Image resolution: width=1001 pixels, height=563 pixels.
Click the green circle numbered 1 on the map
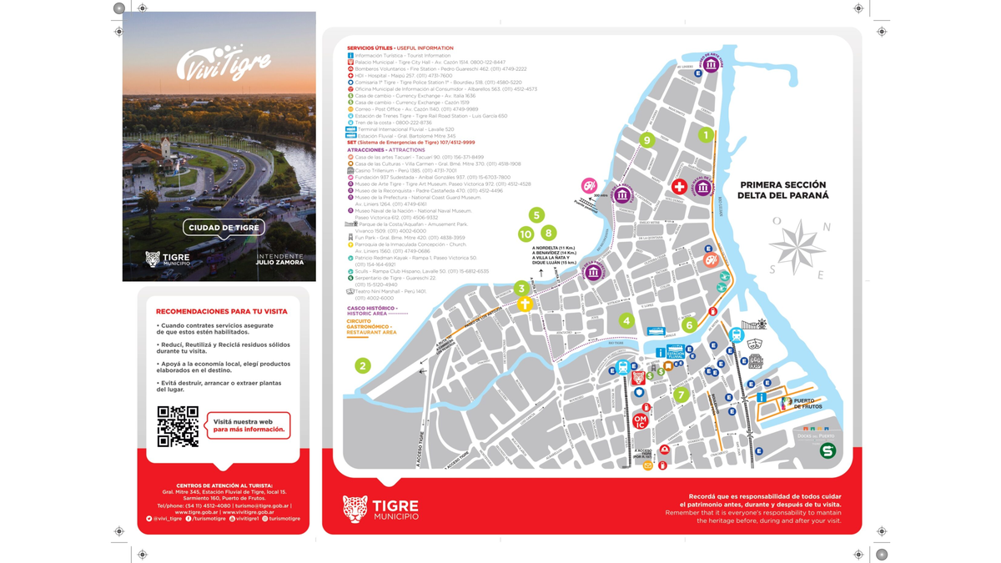(x=706, y=134)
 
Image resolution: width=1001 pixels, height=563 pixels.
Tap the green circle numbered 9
(x=646, y=140)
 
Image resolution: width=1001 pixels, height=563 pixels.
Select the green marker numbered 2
(x=362, y=365)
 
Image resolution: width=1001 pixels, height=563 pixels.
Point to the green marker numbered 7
(x=682, y=395)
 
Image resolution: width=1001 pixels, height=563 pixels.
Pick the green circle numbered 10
(x=526, y=234)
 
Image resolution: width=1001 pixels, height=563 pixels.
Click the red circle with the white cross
(x=679, y=187)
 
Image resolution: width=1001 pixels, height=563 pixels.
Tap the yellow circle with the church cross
(x=524, y=304)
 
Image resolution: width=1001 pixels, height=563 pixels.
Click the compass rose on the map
(x=797, y=248)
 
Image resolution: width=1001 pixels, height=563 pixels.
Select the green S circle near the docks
(x=827, y=451)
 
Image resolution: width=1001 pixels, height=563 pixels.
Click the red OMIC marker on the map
(x=640, y=421)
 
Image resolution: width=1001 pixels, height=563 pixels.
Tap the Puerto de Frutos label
(x=807, y=404)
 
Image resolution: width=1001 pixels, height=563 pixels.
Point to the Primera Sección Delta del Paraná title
(x=783, y=190)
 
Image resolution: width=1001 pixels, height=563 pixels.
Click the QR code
(x=178, y=426)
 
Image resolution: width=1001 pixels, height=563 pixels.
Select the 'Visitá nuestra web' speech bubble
(x=249, y=425)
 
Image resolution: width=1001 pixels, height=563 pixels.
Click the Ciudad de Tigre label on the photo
(x=224, y=228)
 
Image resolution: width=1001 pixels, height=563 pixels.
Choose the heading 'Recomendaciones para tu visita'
(x=221, y=311)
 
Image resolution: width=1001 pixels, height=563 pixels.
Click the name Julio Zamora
(x=279, y=262)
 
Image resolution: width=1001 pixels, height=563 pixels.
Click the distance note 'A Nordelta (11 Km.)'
(x=554, y=248)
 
